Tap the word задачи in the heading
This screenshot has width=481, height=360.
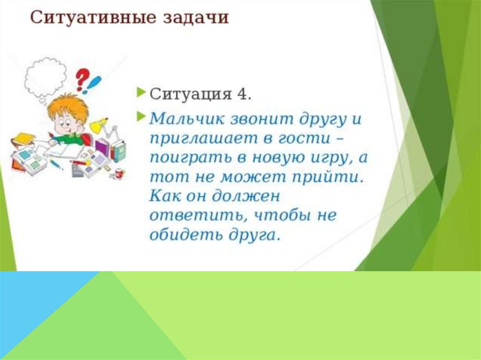pyautogui.click(x=196, y=17)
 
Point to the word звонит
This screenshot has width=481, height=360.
pyautogui.click(x=262, y=119)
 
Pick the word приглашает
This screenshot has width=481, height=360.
pyautogui.click(x=204, y=139)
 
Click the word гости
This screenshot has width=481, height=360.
pyautogui.click(x=304, y=138)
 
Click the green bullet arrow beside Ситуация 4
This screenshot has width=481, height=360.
pyautogui.click(x=140, y=92)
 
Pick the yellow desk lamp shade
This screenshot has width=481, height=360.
pyautogui.click(x=98, y=126)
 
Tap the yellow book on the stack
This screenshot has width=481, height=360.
pyautogui.click(x=23, y=138)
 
